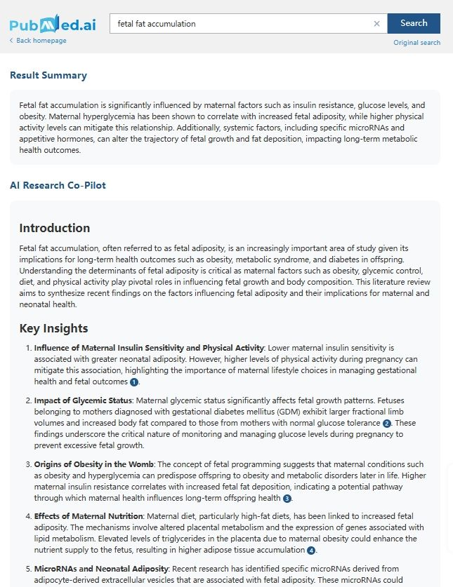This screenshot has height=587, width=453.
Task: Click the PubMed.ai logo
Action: [x=52, y=25]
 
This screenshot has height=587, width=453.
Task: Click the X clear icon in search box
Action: [x=376, y=24]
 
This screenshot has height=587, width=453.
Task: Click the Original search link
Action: [x=416, y=43]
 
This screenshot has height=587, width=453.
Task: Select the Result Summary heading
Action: [x=48, y=76]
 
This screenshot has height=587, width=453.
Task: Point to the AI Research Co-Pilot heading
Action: [x=58, y=185]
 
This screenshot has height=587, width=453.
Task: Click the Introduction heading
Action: [x=55, y=228]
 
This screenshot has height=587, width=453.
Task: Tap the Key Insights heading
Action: [x=53, y=328]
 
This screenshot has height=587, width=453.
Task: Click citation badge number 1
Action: [x=134, y=382]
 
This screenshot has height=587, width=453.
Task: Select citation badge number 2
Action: [x=387, y=424]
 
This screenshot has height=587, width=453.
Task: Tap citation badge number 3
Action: [x=287, y=499]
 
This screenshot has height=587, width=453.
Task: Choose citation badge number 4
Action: [x=311, y=551]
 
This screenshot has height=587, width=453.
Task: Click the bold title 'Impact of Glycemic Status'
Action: [x=83, y=400]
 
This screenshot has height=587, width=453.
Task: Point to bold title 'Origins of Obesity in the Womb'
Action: [x=93, y=464]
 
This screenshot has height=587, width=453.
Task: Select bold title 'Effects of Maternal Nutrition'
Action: [x=89, y=516]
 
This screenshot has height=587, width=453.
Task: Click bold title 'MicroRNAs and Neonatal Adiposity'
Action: [x=100, y=568]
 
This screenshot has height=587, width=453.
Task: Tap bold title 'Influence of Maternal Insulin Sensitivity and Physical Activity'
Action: [x=148, y=348]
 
